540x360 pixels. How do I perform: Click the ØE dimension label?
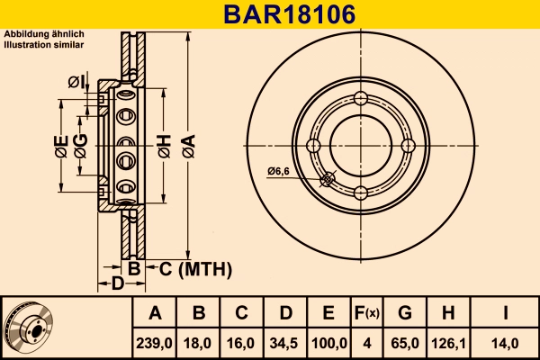coord(60,145)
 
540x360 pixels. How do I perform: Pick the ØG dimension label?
coord(82,145)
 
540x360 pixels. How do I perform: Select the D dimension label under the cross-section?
coord(117,284)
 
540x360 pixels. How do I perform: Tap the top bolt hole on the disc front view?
coord(361,99)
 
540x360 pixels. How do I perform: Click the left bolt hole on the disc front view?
coord(314,146)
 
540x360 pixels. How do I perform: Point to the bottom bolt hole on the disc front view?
coord(361,193)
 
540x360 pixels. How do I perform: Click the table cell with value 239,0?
coord(155,342)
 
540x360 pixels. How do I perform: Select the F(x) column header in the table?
coord(366,314)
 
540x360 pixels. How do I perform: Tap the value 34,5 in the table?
coord(285,342)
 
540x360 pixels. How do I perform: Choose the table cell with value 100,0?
coord(328,342)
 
